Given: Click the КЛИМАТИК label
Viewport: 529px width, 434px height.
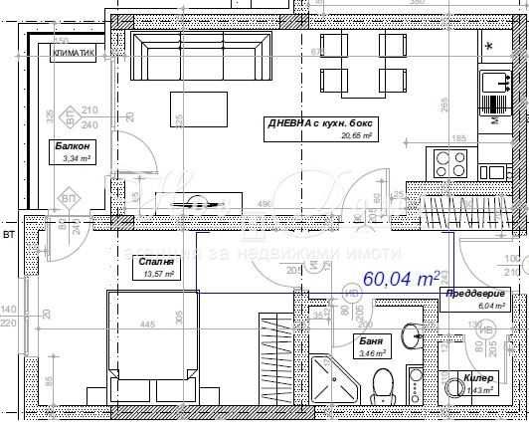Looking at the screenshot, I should pyautogui.click(x=75, y=56).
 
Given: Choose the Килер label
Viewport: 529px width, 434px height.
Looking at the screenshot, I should pyautogui.click(x=478, y=379).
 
